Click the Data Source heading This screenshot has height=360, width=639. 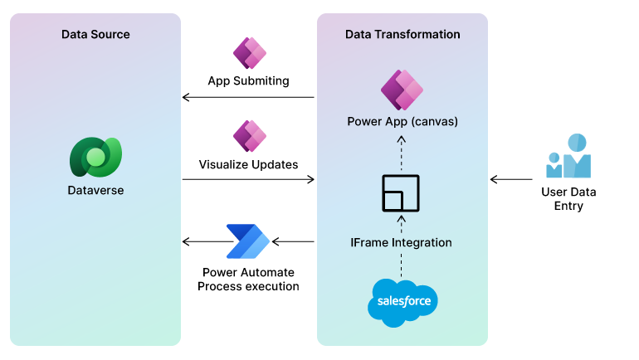click(x=95, y=34)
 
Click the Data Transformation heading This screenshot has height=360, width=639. click(x=402, y=34)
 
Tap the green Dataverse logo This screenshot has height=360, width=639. click(x=95, y=155)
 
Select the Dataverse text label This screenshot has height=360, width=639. click(x=95, y=191)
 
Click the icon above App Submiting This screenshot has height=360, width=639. click(x=248, y=53)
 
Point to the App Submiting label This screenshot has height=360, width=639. click(x=248, y=80)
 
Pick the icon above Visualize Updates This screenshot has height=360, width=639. click(x=248, y=135)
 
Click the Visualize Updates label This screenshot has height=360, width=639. click(x=248, y=164)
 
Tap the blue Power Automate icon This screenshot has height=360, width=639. click(x=248, y=241)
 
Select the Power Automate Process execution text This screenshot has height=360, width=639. click(x=248, y=279)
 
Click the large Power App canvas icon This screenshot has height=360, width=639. click(x=402, y=90)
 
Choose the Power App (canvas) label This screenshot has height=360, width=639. click(x=402, y=122)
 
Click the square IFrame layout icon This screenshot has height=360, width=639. click(x=401, y=194)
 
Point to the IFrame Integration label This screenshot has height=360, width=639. click(x=401, y=242)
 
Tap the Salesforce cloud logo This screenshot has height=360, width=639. click(x=402, y=301)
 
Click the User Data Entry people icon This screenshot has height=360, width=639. click(x=568, y=157)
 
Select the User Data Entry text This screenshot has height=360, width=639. click(x=568, y=198)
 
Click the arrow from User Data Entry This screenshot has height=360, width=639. click(x=510, y=178)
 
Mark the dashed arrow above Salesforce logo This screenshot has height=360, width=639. click(x=401, y=265)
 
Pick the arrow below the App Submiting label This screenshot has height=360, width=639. click(x=248, y=98)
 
